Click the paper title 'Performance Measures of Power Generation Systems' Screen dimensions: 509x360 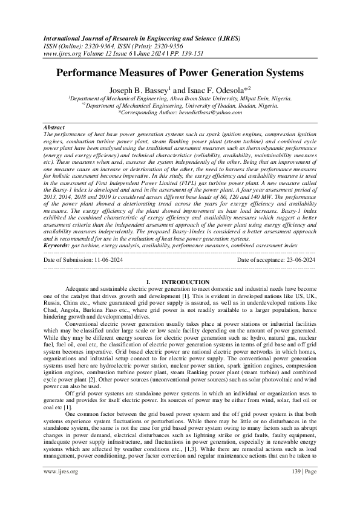click(180, 74)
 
